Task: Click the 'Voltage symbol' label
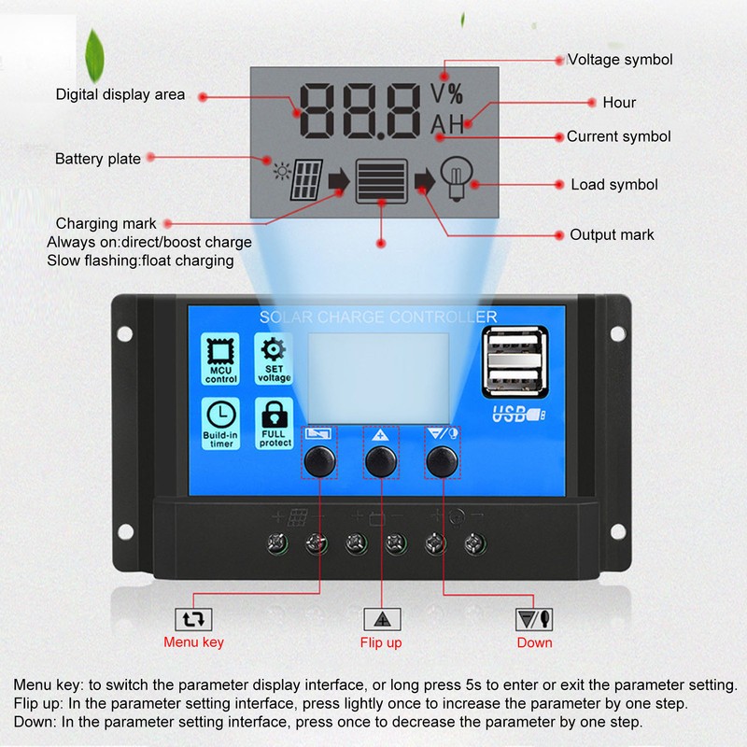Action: (620, 60)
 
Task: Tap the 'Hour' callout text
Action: (619, 103)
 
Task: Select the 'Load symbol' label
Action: (614, 185)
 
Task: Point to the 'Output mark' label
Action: (612, 235)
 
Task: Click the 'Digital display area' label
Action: (120, 94)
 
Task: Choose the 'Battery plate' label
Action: (98, 159)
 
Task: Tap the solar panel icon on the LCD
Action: (306, 179)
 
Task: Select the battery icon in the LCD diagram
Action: (382, 177)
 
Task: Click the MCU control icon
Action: (221, 353)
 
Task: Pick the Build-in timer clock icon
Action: (221, 415)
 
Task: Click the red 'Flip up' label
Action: (381, 642)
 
